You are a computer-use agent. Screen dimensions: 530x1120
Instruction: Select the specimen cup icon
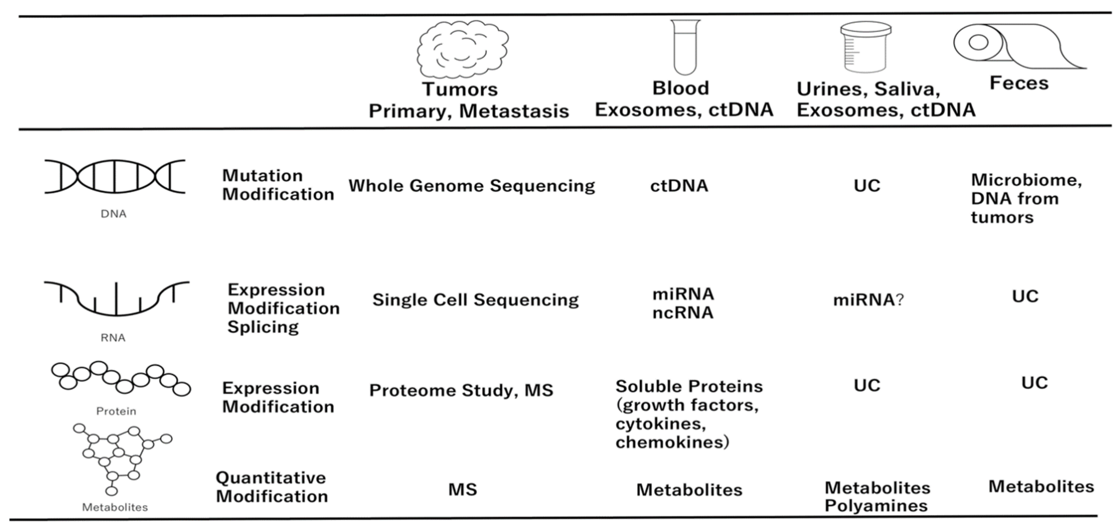click(x=865, y=47)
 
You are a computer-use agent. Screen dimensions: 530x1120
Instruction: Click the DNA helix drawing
click(x=115, y=176)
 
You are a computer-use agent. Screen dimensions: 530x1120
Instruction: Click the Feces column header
click(x=1019, y=83)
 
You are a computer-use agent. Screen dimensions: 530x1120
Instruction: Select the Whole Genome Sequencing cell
click(x=471, y=186)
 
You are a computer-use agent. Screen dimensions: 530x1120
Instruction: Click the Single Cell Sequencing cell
click(x=475, y=300)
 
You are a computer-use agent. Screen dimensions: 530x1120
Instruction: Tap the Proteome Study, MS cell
click(x=461, y=390)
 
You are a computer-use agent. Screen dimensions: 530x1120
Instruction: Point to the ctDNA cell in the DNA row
click(x=679, y=186)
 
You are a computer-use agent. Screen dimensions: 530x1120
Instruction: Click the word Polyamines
click(x=876, y=506)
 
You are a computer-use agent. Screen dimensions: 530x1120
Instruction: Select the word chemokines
click(x=672, y=442)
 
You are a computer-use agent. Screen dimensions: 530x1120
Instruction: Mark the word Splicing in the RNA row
click(x=263, y=327)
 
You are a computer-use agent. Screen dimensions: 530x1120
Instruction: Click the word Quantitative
click(x=270, y=478)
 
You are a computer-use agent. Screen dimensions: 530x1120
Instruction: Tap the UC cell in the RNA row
click(x=1025, y=296)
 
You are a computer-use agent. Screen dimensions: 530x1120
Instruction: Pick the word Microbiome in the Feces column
click(x=1026, y=180)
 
